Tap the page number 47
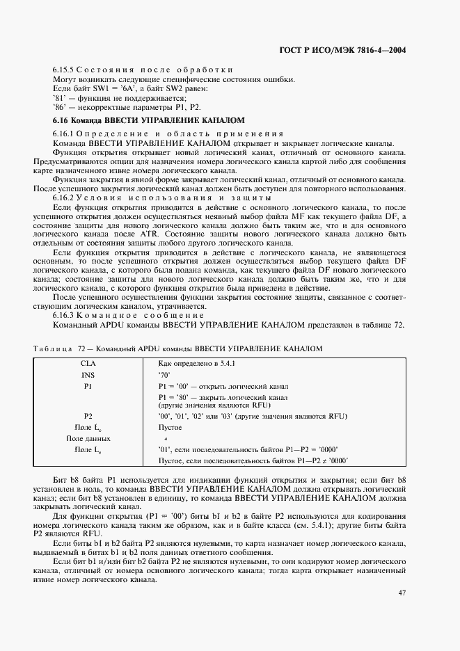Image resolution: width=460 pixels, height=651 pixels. coord(402,593)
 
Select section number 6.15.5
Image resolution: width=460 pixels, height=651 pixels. coord(63,70)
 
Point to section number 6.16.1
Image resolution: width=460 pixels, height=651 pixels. coord(63,132)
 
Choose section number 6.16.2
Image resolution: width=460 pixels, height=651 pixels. coord(63,198)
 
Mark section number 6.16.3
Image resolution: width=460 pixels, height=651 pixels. coord(63,315)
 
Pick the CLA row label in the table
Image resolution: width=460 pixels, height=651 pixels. coord(88,363)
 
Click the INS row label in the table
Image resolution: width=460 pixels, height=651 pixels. coord(88,374)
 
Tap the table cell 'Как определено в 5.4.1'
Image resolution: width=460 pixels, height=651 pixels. coord(197,363)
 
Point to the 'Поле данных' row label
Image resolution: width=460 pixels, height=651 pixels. coord(88,439)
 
